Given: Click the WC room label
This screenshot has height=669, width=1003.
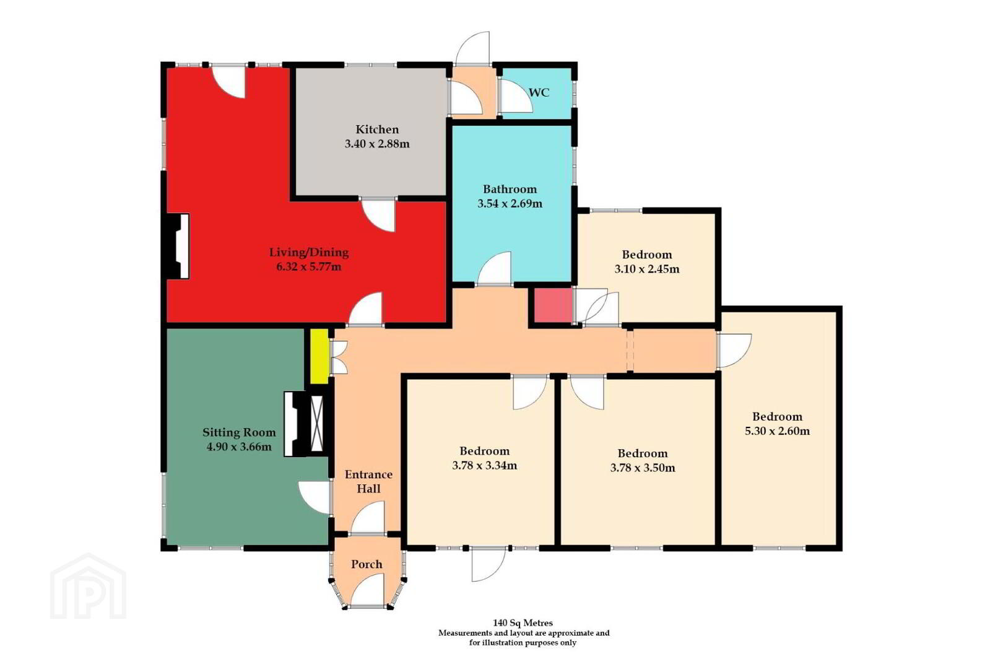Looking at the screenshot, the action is click(x=539, y=93).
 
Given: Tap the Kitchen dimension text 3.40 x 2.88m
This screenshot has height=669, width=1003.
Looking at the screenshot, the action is click(x=377, y=144).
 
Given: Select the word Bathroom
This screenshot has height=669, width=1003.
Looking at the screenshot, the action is click(x=510, y=189).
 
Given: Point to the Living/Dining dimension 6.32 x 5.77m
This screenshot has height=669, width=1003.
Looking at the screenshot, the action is click(x=309, y=266).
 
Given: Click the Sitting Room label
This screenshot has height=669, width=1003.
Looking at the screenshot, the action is click(x=239, y=432).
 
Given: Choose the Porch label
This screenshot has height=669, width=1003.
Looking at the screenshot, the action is click(x=367, y=564).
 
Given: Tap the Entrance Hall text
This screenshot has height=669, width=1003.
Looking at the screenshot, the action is click(x=368, y=481).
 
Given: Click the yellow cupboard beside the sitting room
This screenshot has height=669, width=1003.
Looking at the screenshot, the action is click(x=319, y=356).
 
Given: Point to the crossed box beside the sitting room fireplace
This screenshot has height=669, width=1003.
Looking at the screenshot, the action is click(x=317, y=424).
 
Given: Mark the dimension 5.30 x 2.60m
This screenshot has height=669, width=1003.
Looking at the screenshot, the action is click(x=778, y=431).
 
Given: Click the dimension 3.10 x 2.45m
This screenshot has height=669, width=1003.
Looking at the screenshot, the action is click(x=646, y=269).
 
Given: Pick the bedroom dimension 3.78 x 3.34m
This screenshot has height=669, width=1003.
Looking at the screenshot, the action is click(x=485, y=465).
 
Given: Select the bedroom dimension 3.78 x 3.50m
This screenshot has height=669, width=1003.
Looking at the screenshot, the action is click(x=643, y=467).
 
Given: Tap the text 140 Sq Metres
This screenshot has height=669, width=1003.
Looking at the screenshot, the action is click(x=523, y=623).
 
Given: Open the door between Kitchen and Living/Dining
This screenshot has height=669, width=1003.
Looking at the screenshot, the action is click(x=379, y=214).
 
